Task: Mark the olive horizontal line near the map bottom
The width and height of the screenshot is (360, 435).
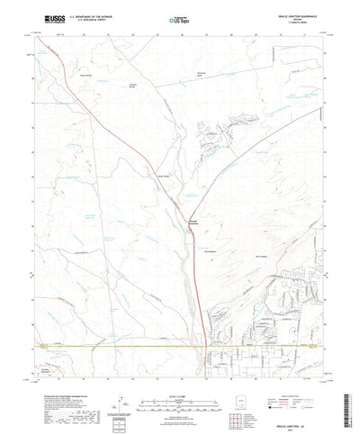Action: tap(108, 343)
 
